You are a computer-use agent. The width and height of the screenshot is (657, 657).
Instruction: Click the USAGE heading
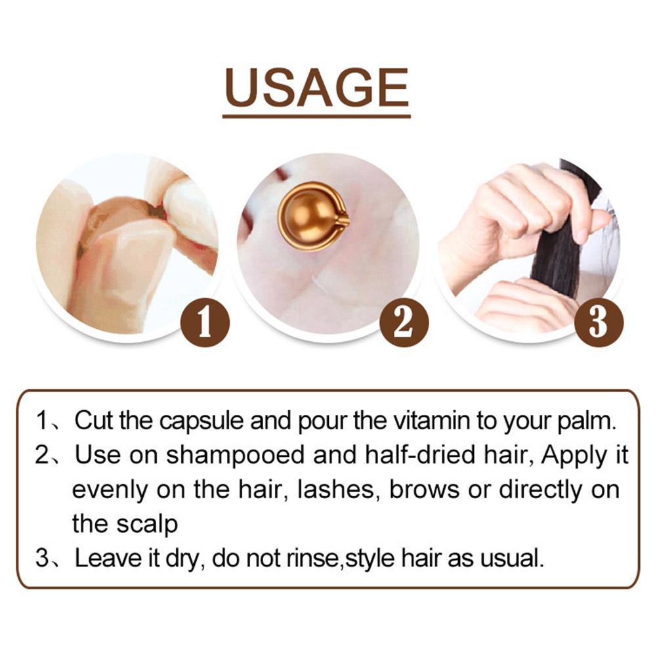(x=316, y=87)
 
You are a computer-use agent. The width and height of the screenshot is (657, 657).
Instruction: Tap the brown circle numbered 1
(x=205, y=322)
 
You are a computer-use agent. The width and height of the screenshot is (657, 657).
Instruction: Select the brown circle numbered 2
(x=404, y=322)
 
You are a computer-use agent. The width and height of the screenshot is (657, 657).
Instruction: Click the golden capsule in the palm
(x=313, y=217)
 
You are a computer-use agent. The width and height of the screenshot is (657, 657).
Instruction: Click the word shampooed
(x=235, y=456)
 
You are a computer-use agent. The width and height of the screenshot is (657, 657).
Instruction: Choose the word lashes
(x=335, y=490)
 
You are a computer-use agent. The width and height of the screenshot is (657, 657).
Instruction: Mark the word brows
(x=424, y=489)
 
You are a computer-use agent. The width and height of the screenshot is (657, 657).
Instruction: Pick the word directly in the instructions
(x=541, y=490)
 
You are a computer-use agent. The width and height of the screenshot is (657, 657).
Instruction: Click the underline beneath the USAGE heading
(x=316, y=116)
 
